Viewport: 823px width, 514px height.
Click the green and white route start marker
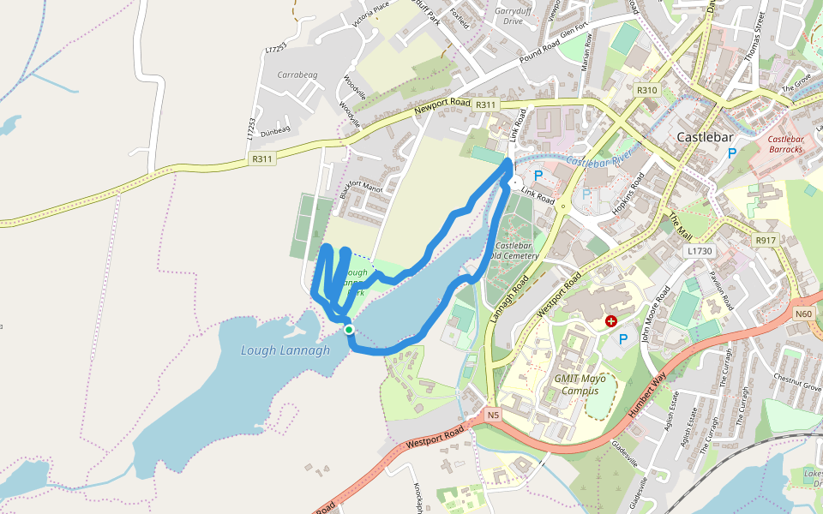click(x=349, y=329)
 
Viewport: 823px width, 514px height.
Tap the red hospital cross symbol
click(x=611, y=321)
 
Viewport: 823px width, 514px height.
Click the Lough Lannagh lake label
click(x=285, y=350)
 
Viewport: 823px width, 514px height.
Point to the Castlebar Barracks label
click(x=785, y=144)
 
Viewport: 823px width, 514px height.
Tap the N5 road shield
click(x=492, y=415)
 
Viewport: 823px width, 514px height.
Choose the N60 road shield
click(x=803, y=314)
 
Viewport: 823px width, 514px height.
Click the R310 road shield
click(x=646, y=90)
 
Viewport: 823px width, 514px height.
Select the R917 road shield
click(x=766, y=241)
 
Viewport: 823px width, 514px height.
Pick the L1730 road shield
click(x=700, y=251)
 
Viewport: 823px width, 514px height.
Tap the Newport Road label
click(x=442, y=106)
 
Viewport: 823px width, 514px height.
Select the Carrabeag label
click(x=297, y=75)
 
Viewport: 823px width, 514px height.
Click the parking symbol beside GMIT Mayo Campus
click(x=623, y=340)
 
